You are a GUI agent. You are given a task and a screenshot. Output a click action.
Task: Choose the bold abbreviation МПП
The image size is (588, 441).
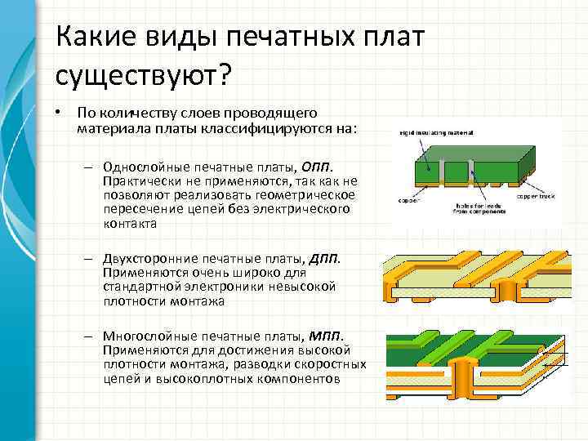click(x=327, y=336)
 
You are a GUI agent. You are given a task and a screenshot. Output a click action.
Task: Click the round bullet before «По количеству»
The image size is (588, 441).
click(x=60, y=111)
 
